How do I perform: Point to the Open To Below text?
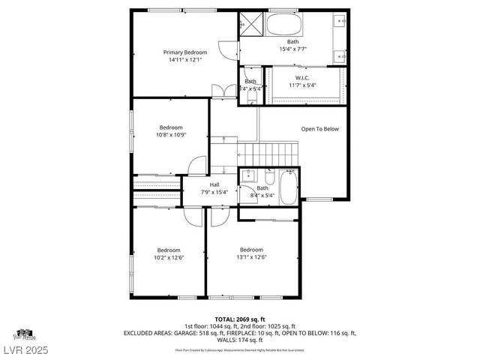point(319,129)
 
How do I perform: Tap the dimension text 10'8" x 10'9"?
point(171,136)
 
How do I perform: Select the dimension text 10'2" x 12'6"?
point(168,257)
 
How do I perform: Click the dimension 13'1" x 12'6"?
point(251,257)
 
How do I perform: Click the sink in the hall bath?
point(249,175)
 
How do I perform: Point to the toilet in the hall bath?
point(269,178)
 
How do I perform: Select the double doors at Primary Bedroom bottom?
point(220,91)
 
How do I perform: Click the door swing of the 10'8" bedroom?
point(197,165)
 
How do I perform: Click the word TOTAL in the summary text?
point(226,319)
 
